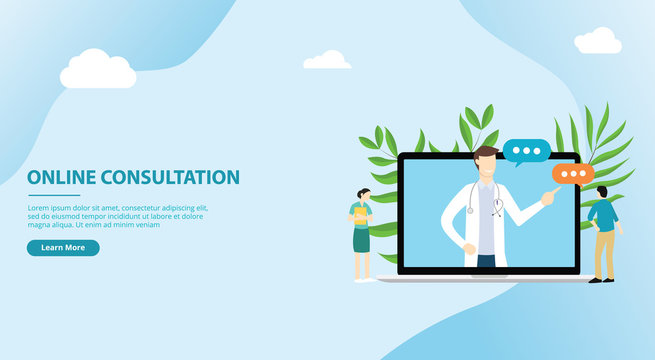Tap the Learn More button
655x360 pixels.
tap(63, 248)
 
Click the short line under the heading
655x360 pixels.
tap(54, 195)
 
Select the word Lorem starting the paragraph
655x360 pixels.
tap(39, 207)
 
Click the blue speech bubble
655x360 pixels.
tap(526, 152)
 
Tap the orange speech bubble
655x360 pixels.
tap(574, 175)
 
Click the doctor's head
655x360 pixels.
tap(486, 164)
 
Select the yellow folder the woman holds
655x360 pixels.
tap(360, 215)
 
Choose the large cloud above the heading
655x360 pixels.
tap(98, 71)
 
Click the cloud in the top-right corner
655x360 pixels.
tap(598, 42)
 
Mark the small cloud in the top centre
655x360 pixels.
tap(327, 61)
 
